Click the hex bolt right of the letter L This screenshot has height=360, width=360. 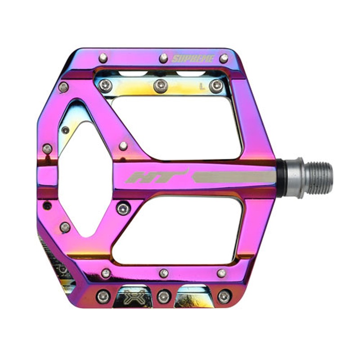(x=216, y=85)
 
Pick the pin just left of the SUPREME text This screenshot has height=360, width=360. (x=163, y=58)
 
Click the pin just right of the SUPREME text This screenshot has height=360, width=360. (x=224, y=58)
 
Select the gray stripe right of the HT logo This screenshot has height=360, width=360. (x=234, y=177)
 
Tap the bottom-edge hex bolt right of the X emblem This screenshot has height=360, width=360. (x=163, y=296)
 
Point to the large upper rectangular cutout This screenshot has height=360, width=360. (x=175, y=126)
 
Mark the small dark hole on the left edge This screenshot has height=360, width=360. (x=47, y=206)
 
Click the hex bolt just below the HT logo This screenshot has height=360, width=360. (x=123, y=208)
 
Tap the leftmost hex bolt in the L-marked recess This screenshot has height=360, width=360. (x=104, y=85)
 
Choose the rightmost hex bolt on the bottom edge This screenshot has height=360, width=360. (x=224, y=296)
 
